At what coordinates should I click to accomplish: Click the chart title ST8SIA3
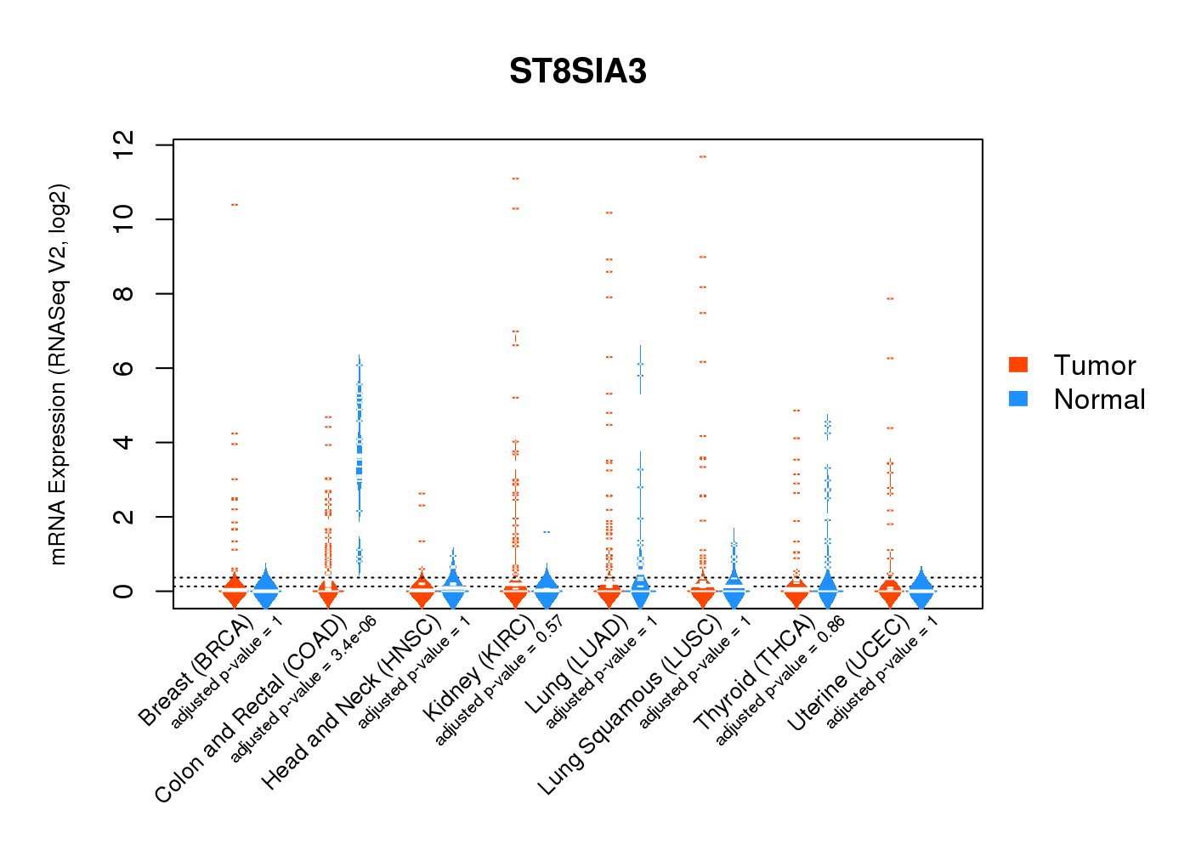[x=578, y=72]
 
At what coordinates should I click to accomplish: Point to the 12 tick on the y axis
[x=123, y=145]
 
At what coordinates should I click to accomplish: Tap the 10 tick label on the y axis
[x=123, y=219]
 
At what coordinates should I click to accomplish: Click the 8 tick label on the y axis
[x=123, y=294]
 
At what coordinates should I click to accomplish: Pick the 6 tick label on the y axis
[x=123, y=368]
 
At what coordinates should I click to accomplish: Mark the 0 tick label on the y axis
[x=123, y=591]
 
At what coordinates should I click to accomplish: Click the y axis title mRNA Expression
[x=58, y=374]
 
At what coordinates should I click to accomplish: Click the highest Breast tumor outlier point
[x=234, y=205]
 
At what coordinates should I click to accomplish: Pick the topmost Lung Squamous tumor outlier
[x=702, y=157]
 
